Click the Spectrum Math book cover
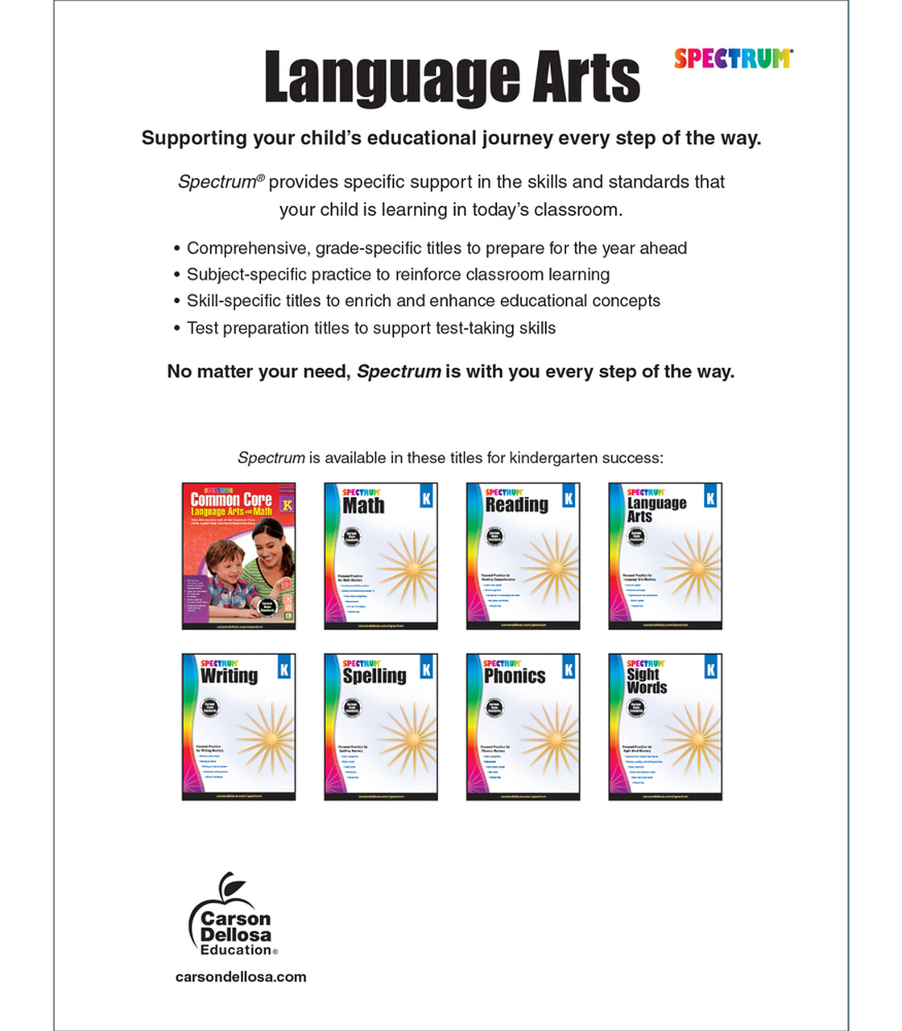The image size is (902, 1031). [380, 556]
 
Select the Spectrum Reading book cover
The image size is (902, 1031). [523, 556]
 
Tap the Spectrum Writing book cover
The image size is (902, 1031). [238, 727]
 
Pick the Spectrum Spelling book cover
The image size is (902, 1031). [380, 727]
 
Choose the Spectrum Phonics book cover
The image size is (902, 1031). [523, 727]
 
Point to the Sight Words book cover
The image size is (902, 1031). [664, 727]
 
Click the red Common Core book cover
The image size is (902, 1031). [238, 556]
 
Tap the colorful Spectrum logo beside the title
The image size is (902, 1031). [733, 59]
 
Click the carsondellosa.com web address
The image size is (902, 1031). [241, 977]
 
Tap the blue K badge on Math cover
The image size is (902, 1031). [426, 499]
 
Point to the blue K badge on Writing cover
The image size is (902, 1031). [283, 669]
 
